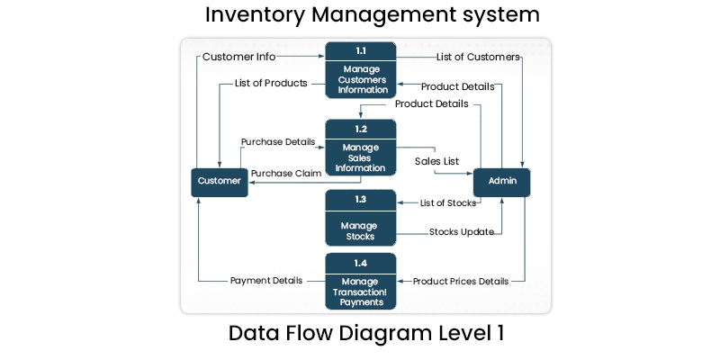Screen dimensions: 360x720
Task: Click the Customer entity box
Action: [220, 181]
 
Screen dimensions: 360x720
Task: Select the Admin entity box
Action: [502, 181]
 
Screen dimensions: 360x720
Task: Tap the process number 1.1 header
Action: [360, 52]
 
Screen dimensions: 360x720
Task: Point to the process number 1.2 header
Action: [360, 130]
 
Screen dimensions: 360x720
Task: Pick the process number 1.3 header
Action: [360, 199]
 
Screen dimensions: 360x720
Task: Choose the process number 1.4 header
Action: [360, 263]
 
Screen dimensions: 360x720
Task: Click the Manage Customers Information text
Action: [360, 79]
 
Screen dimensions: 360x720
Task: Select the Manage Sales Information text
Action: [360, 157]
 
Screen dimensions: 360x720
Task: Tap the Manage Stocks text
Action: [360, 230]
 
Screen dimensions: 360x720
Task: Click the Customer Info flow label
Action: [238, 57]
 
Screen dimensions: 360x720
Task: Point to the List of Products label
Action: [271, 84]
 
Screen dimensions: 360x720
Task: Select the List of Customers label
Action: [478, 57]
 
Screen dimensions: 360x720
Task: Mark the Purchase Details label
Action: [278, 142]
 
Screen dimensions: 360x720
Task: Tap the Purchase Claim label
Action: [285, 173]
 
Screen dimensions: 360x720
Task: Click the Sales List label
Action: [436, 161]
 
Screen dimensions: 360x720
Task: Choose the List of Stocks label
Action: [448, 202]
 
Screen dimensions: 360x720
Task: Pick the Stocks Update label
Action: [461, 231]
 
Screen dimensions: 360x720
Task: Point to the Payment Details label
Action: [265, 281]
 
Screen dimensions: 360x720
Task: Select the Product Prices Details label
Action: [460, 281]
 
